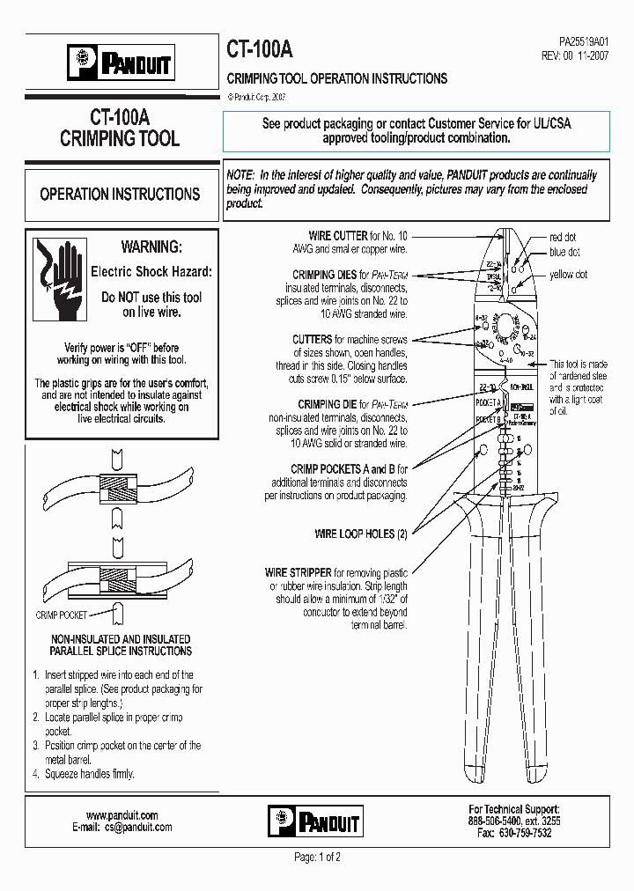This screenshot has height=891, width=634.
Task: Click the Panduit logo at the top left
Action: (121, 63)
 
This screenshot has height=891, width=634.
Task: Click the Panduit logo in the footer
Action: (313, 821)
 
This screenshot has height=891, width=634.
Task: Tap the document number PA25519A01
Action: (584, 40)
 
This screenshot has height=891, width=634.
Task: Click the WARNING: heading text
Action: (151, 247)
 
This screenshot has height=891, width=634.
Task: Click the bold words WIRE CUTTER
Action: (337, 236)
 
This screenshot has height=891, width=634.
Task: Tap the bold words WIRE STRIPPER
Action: (299, 572)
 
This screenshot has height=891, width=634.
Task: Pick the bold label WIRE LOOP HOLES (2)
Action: (361, 534)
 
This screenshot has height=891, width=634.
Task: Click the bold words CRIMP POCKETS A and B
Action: (350, 469)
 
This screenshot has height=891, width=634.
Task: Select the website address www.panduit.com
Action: (122, 814)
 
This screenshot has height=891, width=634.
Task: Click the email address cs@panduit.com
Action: (138, 827)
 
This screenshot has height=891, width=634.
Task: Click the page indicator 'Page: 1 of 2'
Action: (317, 857)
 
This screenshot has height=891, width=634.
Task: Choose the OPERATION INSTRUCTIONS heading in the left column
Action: (121, 194)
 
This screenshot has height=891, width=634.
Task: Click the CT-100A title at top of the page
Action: (262, 49)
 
